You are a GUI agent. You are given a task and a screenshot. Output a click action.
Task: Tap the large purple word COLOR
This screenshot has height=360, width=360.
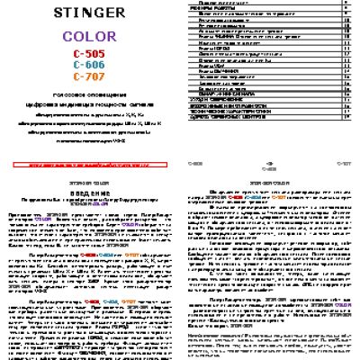tap(87, 41)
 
